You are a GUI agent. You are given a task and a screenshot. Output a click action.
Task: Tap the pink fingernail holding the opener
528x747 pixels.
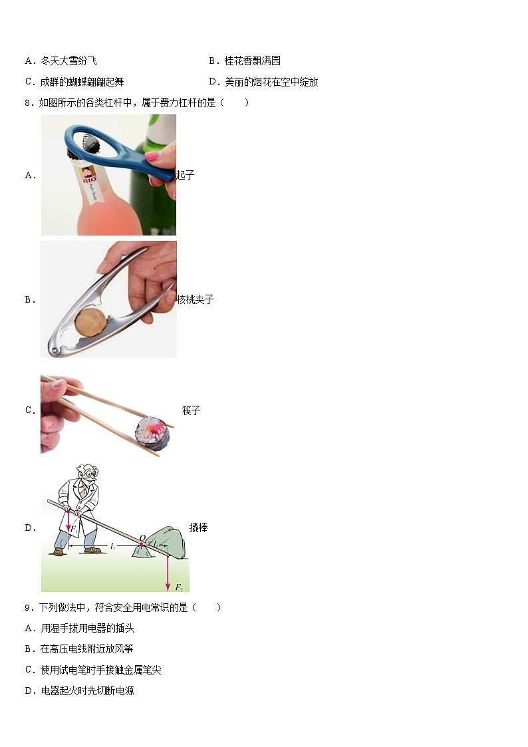pos(151,156)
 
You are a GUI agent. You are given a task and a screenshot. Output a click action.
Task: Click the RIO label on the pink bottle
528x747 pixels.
pos(89,180)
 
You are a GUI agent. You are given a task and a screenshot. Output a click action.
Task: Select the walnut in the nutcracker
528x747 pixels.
pos(90,323)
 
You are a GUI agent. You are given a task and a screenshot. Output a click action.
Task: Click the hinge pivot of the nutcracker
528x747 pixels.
pos(55,352)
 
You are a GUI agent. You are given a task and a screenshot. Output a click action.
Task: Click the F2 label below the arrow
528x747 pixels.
pos(179,587)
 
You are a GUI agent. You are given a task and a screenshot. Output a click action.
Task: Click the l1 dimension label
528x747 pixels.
pos(112,546)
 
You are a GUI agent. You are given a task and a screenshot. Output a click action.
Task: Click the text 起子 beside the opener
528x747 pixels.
pos(186,175)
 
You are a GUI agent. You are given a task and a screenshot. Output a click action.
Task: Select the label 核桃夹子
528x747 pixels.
pos(196,299)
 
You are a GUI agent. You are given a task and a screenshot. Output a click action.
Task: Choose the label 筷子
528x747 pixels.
pos(191,410)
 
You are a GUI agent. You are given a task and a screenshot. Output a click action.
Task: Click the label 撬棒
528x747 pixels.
pos(198,527)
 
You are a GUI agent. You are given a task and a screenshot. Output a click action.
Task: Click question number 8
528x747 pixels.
pos(29,103)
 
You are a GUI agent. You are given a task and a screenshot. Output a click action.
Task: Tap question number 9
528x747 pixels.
pos(29,607)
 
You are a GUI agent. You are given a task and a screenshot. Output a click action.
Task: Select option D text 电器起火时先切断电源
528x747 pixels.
pos(88,690)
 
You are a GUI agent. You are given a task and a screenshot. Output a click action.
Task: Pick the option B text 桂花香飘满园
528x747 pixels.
pos(252,61)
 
